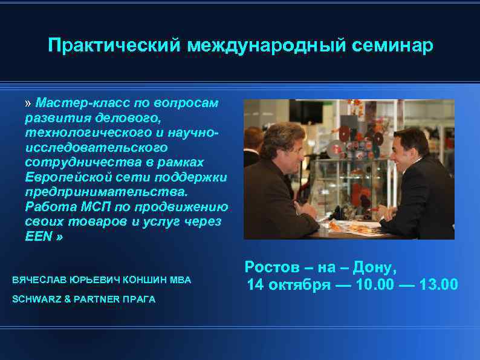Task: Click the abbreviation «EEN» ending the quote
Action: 38,236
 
